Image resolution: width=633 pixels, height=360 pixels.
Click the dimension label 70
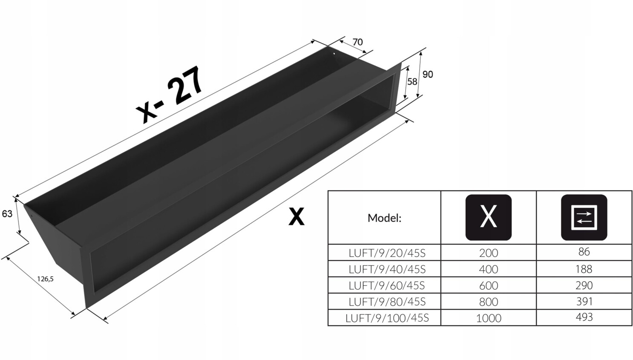point(357,42)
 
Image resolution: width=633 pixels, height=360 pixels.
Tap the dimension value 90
point(428,74)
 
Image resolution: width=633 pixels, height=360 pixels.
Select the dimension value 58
point(412,82)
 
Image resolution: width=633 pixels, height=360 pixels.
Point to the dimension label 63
point(7,214)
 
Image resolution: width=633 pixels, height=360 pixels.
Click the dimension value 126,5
point(45,279)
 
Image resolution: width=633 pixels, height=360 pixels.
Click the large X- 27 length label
point(169,95)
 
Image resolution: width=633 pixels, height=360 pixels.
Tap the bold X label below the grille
point(296,216)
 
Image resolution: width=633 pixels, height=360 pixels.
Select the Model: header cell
point(384,218)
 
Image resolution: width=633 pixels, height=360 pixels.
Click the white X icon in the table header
point(489,217)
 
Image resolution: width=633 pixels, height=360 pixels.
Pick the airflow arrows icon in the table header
point(584,217)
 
